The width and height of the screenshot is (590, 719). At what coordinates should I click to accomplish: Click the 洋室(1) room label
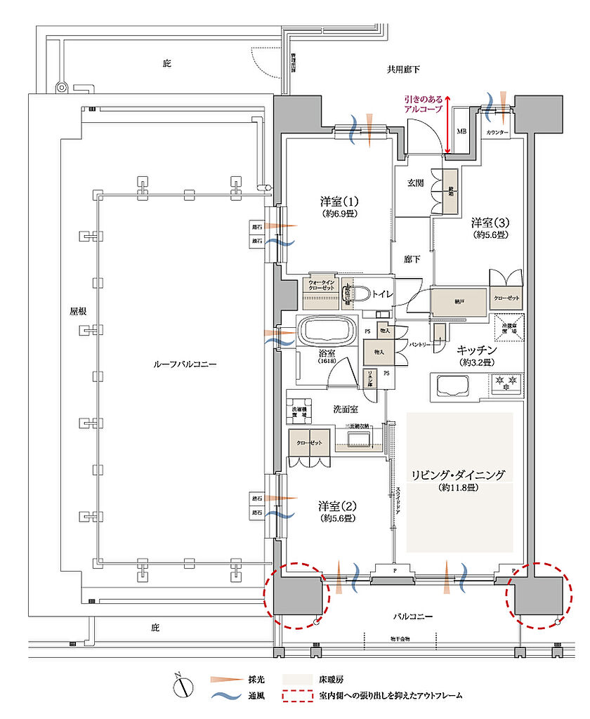(335, 201)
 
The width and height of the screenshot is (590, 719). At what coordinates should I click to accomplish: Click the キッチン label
(477, 350)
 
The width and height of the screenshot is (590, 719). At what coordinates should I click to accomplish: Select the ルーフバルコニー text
(185, 365)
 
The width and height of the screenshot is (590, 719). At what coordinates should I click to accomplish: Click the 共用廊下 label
(403, 70)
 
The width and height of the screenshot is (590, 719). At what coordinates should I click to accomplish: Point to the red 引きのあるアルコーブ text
(423, 105)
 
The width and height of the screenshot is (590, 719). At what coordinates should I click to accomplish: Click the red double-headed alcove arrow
(447, 124)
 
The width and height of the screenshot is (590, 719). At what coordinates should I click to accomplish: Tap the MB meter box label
(461, 131)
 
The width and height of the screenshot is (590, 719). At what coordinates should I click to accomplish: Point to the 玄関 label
(416, 183)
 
